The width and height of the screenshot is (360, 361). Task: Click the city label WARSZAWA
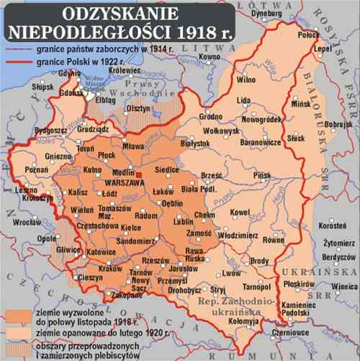(122, 183)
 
